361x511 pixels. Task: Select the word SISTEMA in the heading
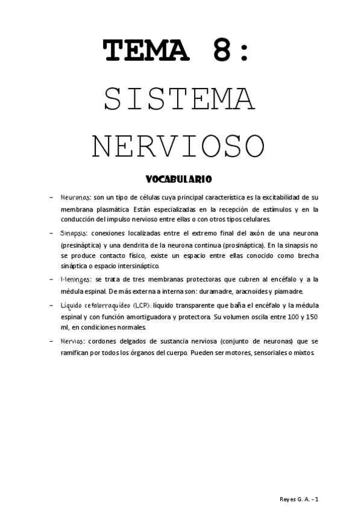179,99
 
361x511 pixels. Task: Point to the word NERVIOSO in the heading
179,145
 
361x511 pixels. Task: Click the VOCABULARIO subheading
178,179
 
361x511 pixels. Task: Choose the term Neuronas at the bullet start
76,197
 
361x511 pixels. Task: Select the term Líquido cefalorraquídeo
94,306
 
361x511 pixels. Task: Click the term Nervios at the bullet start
73,342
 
